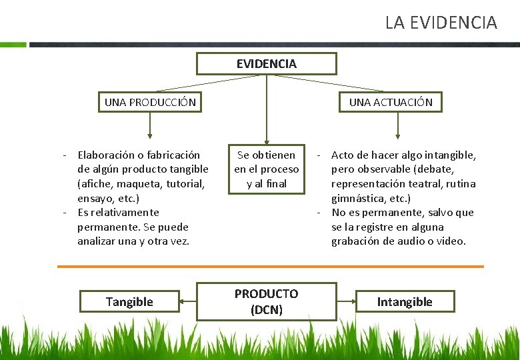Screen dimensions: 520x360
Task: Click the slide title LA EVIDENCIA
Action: pyautogui.click(x=441, y=23)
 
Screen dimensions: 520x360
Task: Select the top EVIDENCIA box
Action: pyautogui.click(x=266, y=64)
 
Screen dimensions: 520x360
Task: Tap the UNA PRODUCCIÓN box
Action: pyautogui.click(x=150, y=102)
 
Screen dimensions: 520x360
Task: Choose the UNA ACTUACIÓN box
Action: pyautogui.click(x=391, y=102)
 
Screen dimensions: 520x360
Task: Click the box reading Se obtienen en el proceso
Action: pyautogui.click(x=266, y=169)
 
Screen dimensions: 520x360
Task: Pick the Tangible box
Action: pyautogui.click(x=129, y=302)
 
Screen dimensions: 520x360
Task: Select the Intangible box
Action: pyautogui.click(x=405, y=302)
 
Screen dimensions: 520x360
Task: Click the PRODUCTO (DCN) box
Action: pyautogui.click(x=266, y=301)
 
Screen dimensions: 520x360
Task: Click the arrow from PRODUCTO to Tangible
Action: pyautogui.click(x=189, y=302)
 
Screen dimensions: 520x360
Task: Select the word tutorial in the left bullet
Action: pyautogui.click(x=185, y=183)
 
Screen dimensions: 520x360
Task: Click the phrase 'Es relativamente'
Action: pyautogui.click(x=118, y=213)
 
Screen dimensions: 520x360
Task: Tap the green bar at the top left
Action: pyautogui.click(x=13, y=45)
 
